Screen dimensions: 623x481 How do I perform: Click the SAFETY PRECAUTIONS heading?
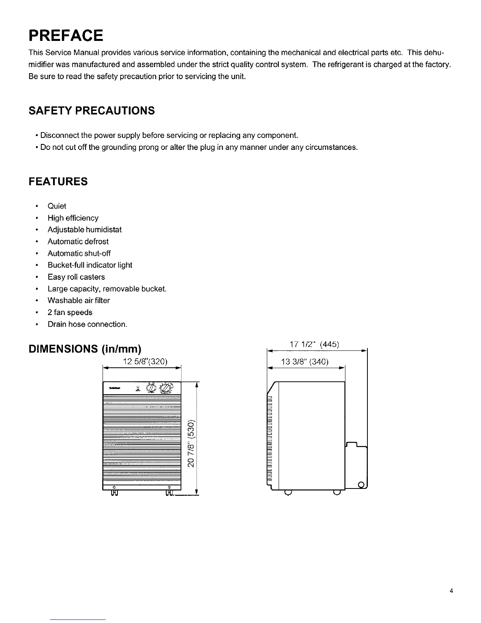tap(92, 111)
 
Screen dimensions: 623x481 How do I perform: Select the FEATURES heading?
tap(58, 182)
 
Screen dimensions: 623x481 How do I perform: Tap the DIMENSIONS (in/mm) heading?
tap(85, 349)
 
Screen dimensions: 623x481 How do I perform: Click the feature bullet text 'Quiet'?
tap(57, 206)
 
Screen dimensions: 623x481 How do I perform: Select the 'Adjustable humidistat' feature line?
tap(84, 230)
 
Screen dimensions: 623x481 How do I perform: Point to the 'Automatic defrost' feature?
tap(78, 241)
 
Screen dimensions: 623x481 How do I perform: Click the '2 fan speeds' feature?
tap(70, 312)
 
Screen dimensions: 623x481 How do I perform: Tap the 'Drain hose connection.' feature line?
tap(87, 324)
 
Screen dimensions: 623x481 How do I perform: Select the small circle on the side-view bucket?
tap(361, 483)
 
